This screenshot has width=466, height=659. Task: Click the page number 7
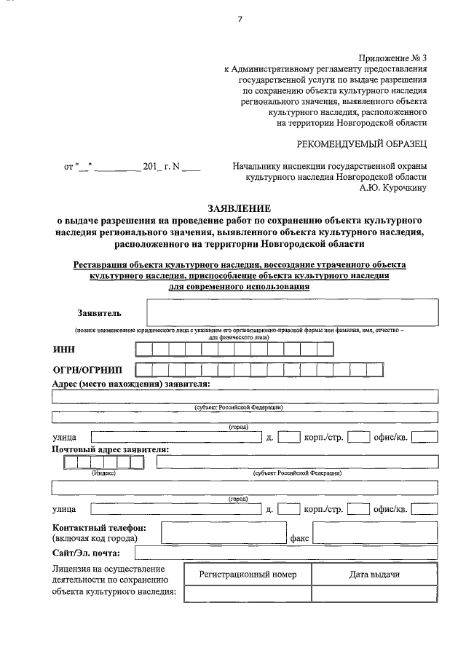pyautogui.click(x=239, y=19)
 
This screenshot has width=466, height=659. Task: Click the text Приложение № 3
pyautogui.click(x=392, y=58)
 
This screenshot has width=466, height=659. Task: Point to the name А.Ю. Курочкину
pyautogui.click(x=393, y=188)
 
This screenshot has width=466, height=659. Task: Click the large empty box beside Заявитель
pyautogui.click(x=292, y=313)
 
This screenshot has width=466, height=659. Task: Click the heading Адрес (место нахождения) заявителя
pyautogui.click(x=132, y=383)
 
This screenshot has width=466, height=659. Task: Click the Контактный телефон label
pyautogui.click(x=99, y=526)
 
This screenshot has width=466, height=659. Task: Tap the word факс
pyautogui.click(x=299, y=539)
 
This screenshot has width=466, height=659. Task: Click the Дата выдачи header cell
pyautogui.click(x=374, y=575)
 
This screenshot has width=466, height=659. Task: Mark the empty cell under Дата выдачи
pyautogui.click(x=374, y=593)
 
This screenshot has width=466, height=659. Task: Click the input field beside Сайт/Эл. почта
pyautogui.click(x=291, y=553)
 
